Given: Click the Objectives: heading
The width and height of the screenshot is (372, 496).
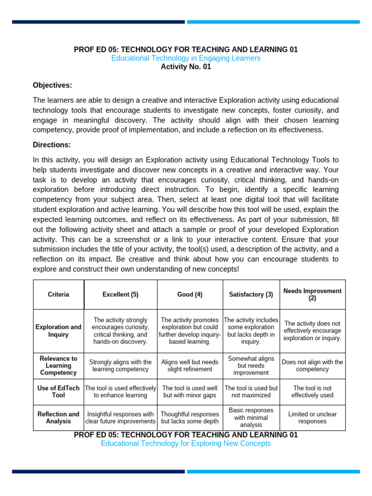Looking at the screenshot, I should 52,85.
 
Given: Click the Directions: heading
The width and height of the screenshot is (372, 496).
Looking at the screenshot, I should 52,144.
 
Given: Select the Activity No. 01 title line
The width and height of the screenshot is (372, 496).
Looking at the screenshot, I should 186,67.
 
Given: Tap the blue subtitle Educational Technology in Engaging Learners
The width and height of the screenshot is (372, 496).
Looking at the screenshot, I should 186,58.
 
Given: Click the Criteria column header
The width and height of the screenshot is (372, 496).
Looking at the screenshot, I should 59,294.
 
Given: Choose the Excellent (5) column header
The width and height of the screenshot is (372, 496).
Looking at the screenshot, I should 121,294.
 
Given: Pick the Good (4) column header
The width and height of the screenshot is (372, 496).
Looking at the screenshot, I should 190,294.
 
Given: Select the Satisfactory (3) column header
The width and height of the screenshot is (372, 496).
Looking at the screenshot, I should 251,294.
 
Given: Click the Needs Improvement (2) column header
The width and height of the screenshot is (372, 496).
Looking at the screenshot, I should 312,294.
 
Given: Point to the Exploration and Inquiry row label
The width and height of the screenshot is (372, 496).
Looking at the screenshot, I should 59,331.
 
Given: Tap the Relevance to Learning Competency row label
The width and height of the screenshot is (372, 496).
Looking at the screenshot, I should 59,366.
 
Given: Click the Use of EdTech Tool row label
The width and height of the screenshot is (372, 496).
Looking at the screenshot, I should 59,392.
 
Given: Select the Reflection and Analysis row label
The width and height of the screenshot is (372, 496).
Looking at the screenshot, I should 59,418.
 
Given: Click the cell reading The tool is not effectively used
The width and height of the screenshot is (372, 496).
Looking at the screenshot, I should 312,392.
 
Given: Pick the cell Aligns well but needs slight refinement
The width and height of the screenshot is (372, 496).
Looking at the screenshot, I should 190,366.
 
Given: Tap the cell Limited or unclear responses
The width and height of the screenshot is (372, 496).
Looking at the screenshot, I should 312,418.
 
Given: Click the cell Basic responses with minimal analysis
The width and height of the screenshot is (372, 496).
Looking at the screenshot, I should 251,418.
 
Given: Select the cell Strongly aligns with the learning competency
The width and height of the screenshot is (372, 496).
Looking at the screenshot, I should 121,366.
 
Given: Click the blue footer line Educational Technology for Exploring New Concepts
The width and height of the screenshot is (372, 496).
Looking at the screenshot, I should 186,443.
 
